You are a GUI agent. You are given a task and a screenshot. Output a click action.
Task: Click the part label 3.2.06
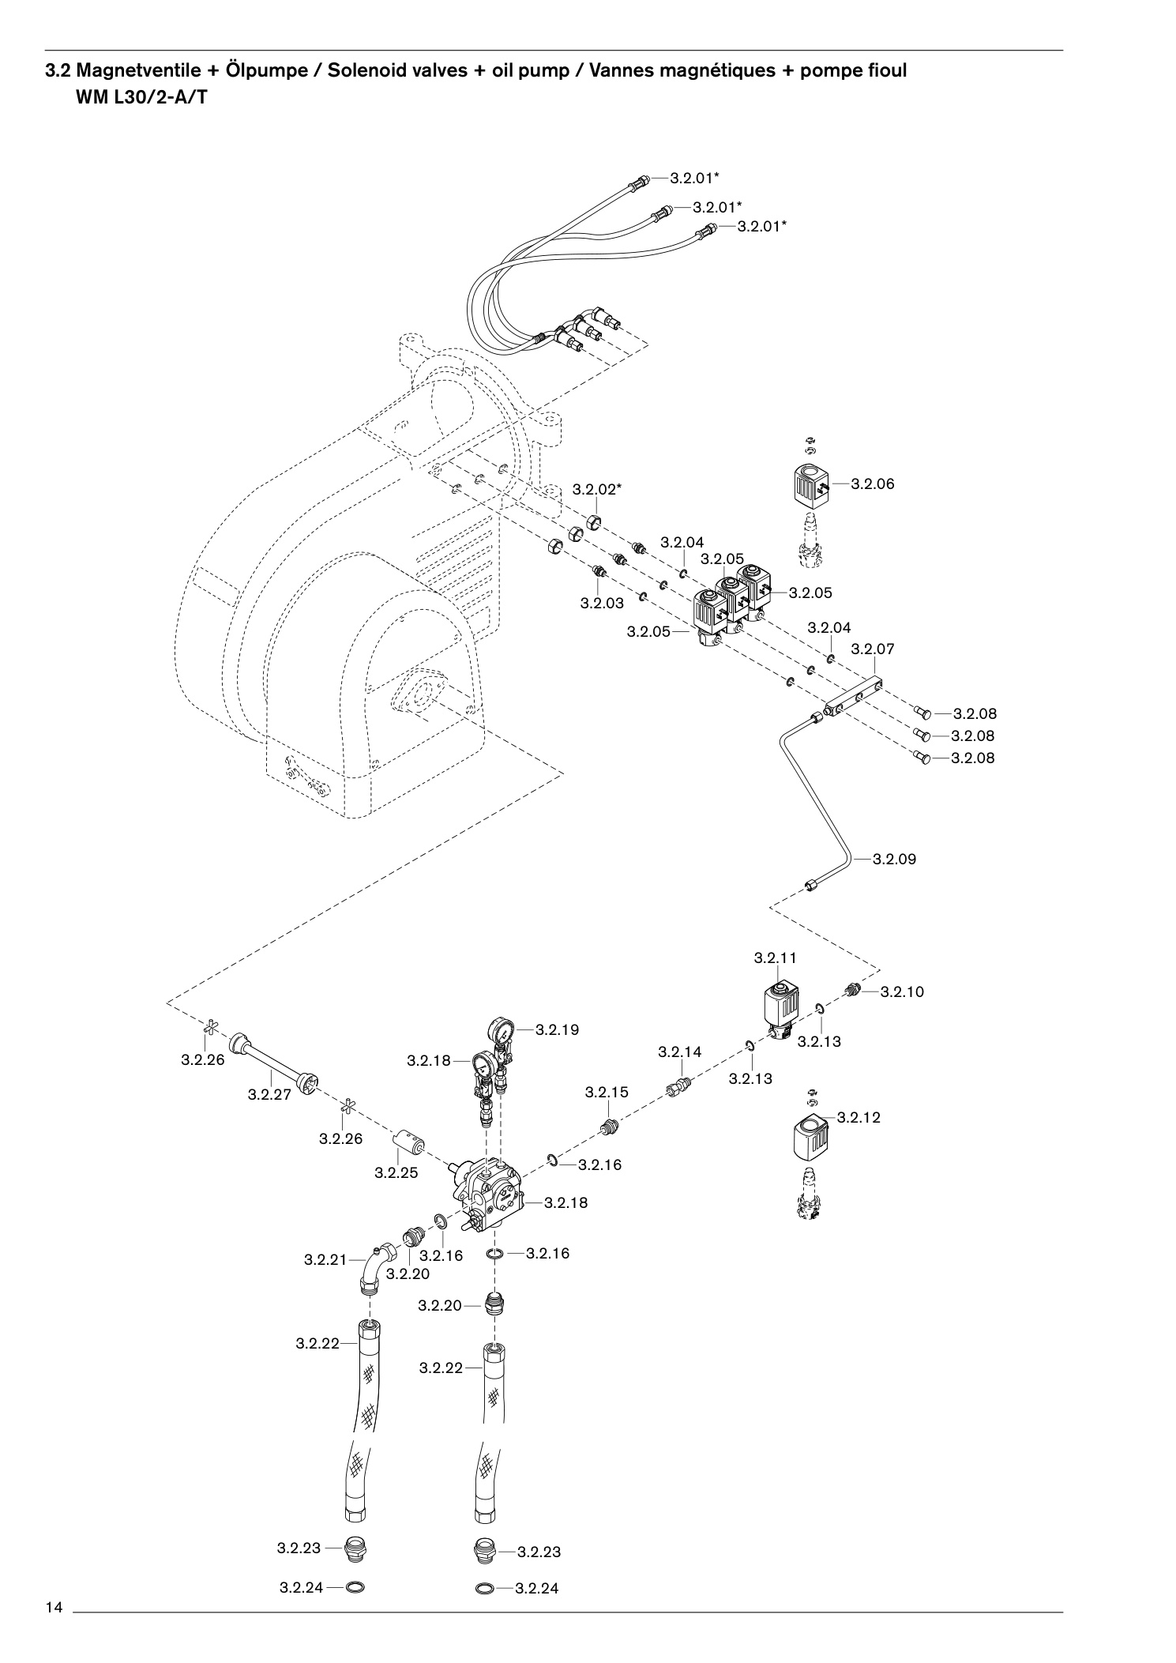click(873, 484)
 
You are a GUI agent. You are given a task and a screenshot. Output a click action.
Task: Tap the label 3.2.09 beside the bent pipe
click(895, 860)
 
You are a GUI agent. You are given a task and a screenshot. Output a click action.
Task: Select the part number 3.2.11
click(776, 958)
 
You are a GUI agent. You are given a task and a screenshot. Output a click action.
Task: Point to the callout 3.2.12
click(859, 1118)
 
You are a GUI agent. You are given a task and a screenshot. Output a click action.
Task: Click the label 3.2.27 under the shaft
click(269, 1095)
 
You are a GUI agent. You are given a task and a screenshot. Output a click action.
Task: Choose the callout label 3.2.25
click(396, 1173)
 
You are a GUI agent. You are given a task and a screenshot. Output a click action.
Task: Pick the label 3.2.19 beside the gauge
click(558, 1030)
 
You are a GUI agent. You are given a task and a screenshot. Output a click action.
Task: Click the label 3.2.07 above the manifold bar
click(873, 649)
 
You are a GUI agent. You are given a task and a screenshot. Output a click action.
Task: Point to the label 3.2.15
click(607, 1093)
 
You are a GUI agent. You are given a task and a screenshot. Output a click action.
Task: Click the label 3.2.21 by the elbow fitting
click(326, 1260)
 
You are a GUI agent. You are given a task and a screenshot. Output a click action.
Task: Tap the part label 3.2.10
click(902, 992)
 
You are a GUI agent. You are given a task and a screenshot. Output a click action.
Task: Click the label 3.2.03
click(602, 604)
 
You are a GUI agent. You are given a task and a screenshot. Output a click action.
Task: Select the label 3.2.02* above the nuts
click(597, 490)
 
